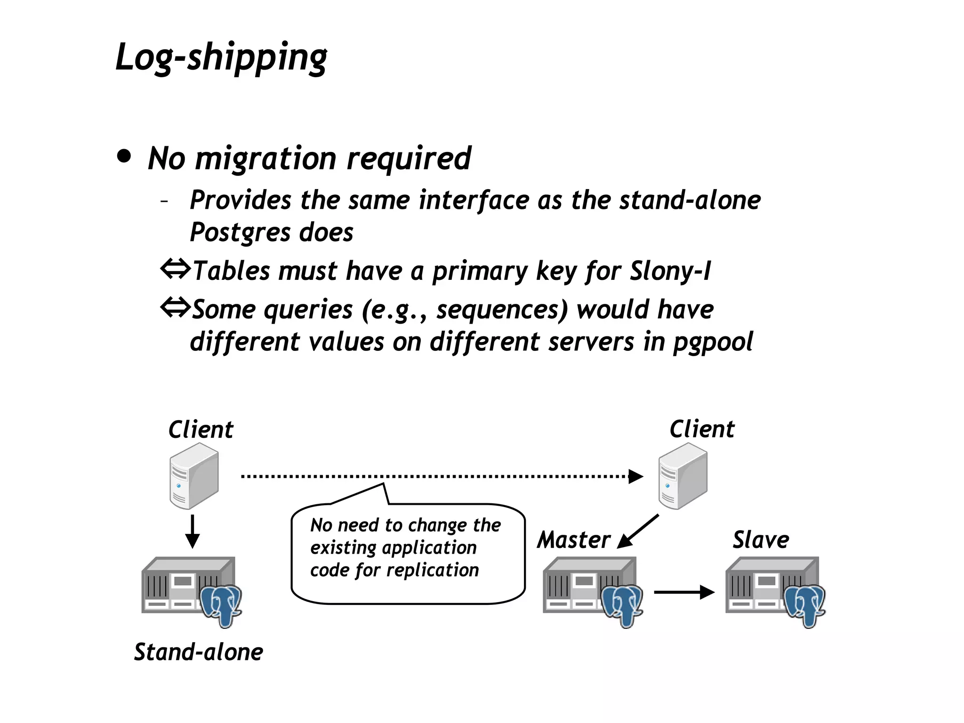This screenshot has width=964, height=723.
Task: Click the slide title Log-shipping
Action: (221, 57)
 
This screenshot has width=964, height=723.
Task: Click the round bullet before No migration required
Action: (124, 156)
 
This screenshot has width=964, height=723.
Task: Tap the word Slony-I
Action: (670, 271)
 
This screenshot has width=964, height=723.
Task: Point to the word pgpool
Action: (713, 342)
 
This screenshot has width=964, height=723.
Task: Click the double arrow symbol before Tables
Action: (175, 270)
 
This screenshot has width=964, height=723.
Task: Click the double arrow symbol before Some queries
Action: (175, 308)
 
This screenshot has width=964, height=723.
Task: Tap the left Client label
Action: (201, 429)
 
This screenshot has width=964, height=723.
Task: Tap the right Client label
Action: (702, 429)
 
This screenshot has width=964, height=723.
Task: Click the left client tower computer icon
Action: (194, 476)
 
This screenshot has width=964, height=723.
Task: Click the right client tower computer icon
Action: (683, 476)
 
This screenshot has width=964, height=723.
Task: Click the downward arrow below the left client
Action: (192, 532)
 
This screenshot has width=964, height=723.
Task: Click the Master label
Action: (573, 540)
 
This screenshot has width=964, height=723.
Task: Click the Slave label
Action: (761, 540)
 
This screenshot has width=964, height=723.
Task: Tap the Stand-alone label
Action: (198, 652)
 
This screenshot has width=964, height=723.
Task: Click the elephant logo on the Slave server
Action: (805, 604)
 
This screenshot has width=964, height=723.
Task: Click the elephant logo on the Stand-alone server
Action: (221, 604)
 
